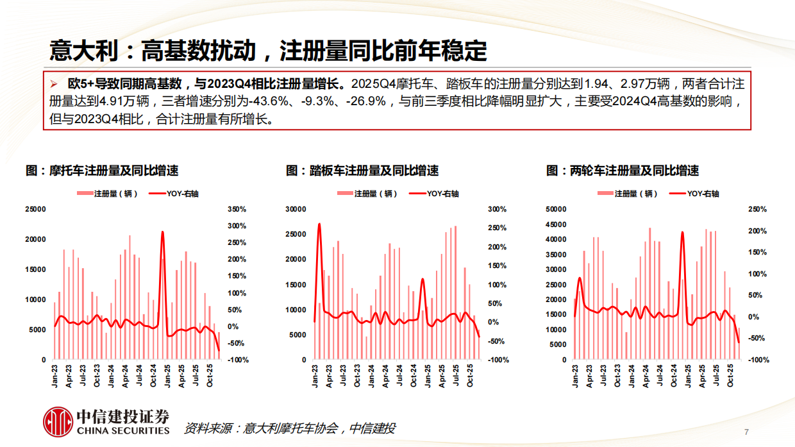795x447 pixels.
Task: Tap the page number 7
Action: click(746, 430)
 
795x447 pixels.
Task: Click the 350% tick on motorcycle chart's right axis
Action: click(237, 209)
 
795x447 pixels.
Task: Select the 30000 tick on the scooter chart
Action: click(296, 209)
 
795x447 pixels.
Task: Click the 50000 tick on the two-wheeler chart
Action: click(556, 209)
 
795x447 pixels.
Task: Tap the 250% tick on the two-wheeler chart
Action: click(757, 209)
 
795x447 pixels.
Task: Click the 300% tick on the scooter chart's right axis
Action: click(498, 209)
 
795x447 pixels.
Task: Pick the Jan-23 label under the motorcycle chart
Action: click(56, 376)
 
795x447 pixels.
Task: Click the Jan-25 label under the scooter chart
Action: click(427, 376)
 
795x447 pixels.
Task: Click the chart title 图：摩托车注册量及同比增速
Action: click(101, 171)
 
